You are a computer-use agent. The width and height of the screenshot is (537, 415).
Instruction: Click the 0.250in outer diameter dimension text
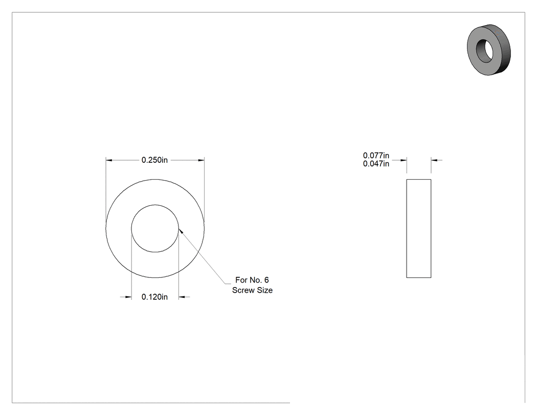(154, 160)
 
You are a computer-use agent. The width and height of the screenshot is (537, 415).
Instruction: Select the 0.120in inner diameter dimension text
(154, 297)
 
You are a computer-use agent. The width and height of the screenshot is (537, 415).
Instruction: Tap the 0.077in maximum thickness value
(376, 156)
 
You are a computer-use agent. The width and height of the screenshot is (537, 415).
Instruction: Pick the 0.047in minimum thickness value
(376, 164)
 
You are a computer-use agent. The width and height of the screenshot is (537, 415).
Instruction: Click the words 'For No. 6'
(252, 280)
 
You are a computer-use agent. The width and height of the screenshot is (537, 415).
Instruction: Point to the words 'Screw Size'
(253, 290)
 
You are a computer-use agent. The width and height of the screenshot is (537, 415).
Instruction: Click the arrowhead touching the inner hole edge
(181, 232)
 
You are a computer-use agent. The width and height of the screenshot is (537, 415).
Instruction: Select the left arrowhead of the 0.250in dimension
(109, 160)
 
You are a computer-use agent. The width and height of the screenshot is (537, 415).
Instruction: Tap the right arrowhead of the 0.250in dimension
(201, 160)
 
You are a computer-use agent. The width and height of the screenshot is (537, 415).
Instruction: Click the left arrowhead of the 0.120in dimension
(128, 297)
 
